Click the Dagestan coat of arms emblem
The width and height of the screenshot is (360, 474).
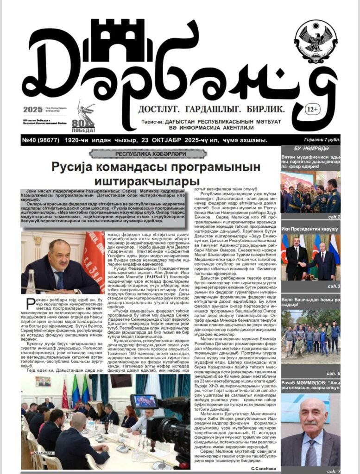click(316, 41)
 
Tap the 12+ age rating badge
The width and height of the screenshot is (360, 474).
click(312, 109)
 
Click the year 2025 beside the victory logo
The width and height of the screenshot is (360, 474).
click(32, 110)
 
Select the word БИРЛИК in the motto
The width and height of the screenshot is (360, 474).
click(269, 109)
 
